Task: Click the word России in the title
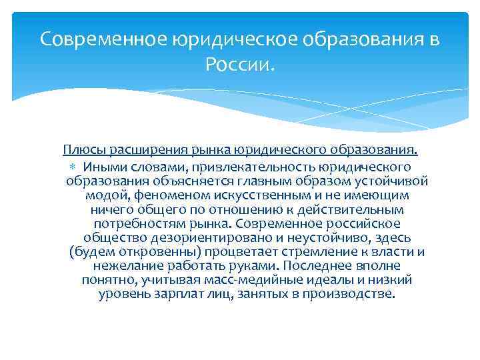tap(239, 65)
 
